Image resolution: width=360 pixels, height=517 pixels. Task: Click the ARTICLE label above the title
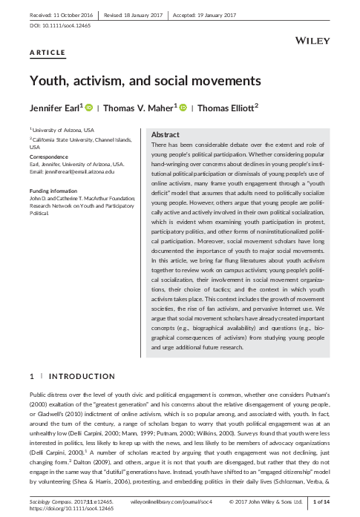[46, 53]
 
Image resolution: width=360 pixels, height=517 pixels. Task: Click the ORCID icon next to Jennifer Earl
[89, 108]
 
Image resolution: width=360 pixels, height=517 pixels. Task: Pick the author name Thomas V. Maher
[140, 108]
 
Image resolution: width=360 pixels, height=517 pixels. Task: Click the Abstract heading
[165, 134]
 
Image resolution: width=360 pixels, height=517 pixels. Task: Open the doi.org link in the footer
[62, 510]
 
